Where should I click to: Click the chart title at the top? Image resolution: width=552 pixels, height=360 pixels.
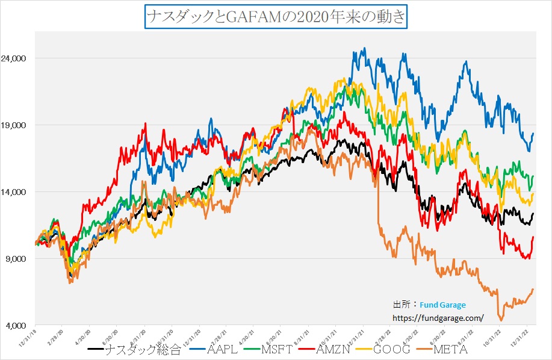coord(276,15)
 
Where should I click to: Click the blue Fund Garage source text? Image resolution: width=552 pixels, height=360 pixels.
coord(442,305)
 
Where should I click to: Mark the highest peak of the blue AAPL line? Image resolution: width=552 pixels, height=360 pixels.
coord(364,49)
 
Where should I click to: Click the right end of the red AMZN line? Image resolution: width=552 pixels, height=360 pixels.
coord(533,237)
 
